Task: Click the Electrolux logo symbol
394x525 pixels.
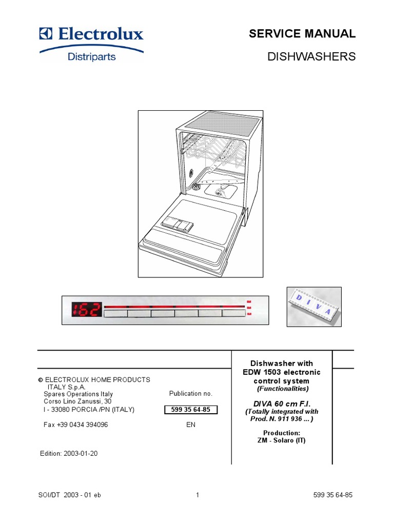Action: coord(47,34)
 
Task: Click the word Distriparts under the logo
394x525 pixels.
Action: coord(92,56)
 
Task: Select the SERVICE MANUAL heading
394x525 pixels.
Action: coord(302,34)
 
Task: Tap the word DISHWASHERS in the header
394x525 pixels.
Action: coord(311,56)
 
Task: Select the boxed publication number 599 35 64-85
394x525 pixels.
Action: coord(190,410)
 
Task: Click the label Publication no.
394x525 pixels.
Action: coord(190,394)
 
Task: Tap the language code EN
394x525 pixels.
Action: coord(191,425)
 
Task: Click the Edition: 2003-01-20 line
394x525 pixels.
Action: coord(69,454)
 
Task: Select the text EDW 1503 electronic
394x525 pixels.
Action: coord(282,372)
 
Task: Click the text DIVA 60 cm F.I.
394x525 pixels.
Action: coord(282,403)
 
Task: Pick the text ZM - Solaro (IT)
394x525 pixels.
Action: coord(282,440)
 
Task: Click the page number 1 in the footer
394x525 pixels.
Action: coord(197,495)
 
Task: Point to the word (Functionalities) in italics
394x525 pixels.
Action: coord(282,389)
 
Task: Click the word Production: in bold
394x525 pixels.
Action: coord(282,433)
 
